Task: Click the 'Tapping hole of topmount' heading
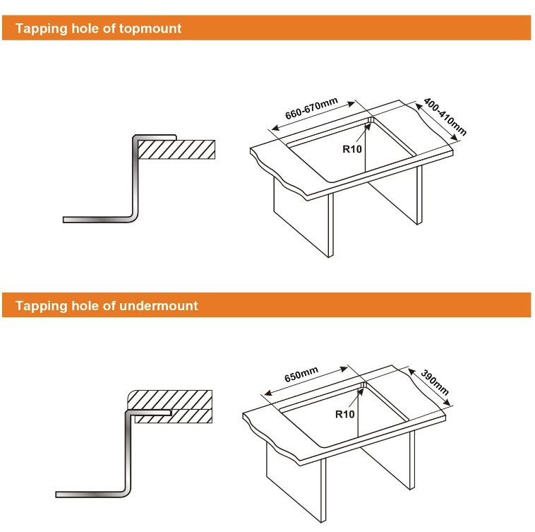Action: (x=98, y=28)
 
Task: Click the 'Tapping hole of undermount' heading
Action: (x=107, y=306)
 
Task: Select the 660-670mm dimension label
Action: (x=311, y=108)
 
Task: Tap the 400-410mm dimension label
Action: (x=445, y=117)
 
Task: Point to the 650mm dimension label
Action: (x=301, y=374)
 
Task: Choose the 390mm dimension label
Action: (x=435, y=382)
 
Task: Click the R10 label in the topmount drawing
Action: (x=351, y=149)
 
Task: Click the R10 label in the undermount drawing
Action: (x=344, y=414)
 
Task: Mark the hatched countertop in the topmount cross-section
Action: (x=176, y=150)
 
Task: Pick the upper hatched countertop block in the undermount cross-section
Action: (x=169, y=400)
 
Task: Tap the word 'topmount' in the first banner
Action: (x=150, y=29)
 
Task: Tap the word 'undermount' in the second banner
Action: (x=159, y=306)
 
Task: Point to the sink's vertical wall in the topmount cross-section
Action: (x=136, y=177)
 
